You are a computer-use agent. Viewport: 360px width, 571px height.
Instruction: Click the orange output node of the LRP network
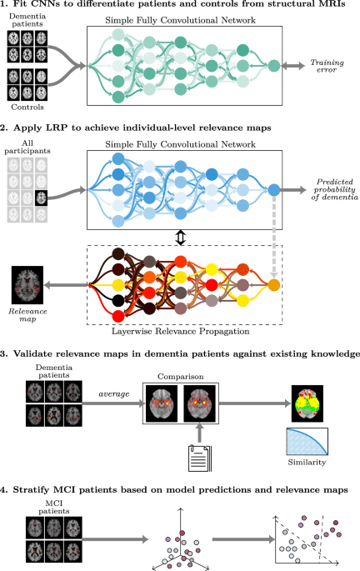pos(274,286)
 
